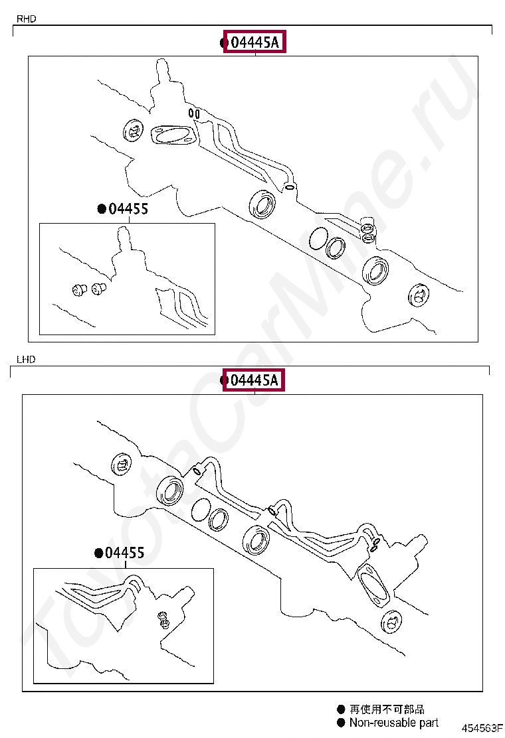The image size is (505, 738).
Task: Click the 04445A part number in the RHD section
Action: [255, 42]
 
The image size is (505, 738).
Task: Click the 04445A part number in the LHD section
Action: [254, 380]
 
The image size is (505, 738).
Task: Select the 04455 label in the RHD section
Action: [128, 208]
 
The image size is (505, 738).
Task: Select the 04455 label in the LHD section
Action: [125, 553]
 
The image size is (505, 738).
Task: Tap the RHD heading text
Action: [27, 19]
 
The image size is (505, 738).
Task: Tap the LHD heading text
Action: [26, 360]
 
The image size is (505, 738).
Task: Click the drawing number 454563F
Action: [482, 728]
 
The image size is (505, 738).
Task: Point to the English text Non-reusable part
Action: [394, 723]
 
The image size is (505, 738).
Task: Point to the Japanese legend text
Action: [387, 709]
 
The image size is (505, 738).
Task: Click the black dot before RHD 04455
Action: [101, 209]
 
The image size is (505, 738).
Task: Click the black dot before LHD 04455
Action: [99, 553]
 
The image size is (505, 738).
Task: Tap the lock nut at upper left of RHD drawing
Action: [133, 131]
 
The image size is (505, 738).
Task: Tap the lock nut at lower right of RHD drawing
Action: [419, 295]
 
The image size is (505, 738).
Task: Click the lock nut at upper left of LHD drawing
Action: [121, 466]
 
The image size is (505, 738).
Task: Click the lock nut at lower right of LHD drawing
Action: [391, 622]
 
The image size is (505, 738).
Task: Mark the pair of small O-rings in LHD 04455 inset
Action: [164, 620]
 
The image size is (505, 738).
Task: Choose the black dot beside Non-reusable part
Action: [341, 723]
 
